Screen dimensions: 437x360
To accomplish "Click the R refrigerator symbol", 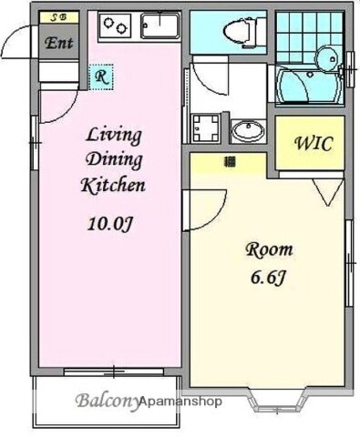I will tap(100, 77).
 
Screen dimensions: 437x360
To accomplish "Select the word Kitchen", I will tap(114, 186).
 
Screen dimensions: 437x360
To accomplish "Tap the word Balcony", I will tap(105, 401).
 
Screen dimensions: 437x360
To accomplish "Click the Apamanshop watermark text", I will tap(180, 401).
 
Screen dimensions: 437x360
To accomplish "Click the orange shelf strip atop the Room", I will tap(228, 162).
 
